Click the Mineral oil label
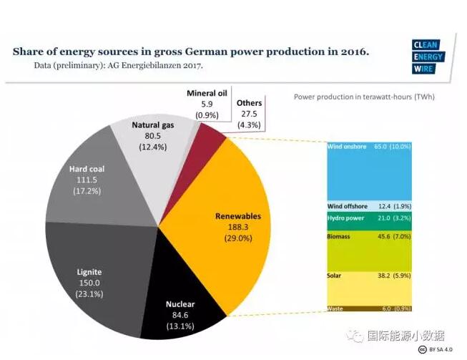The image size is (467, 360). coord(207,94)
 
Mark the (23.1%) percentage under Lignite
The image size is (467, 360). coord(89,294)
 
